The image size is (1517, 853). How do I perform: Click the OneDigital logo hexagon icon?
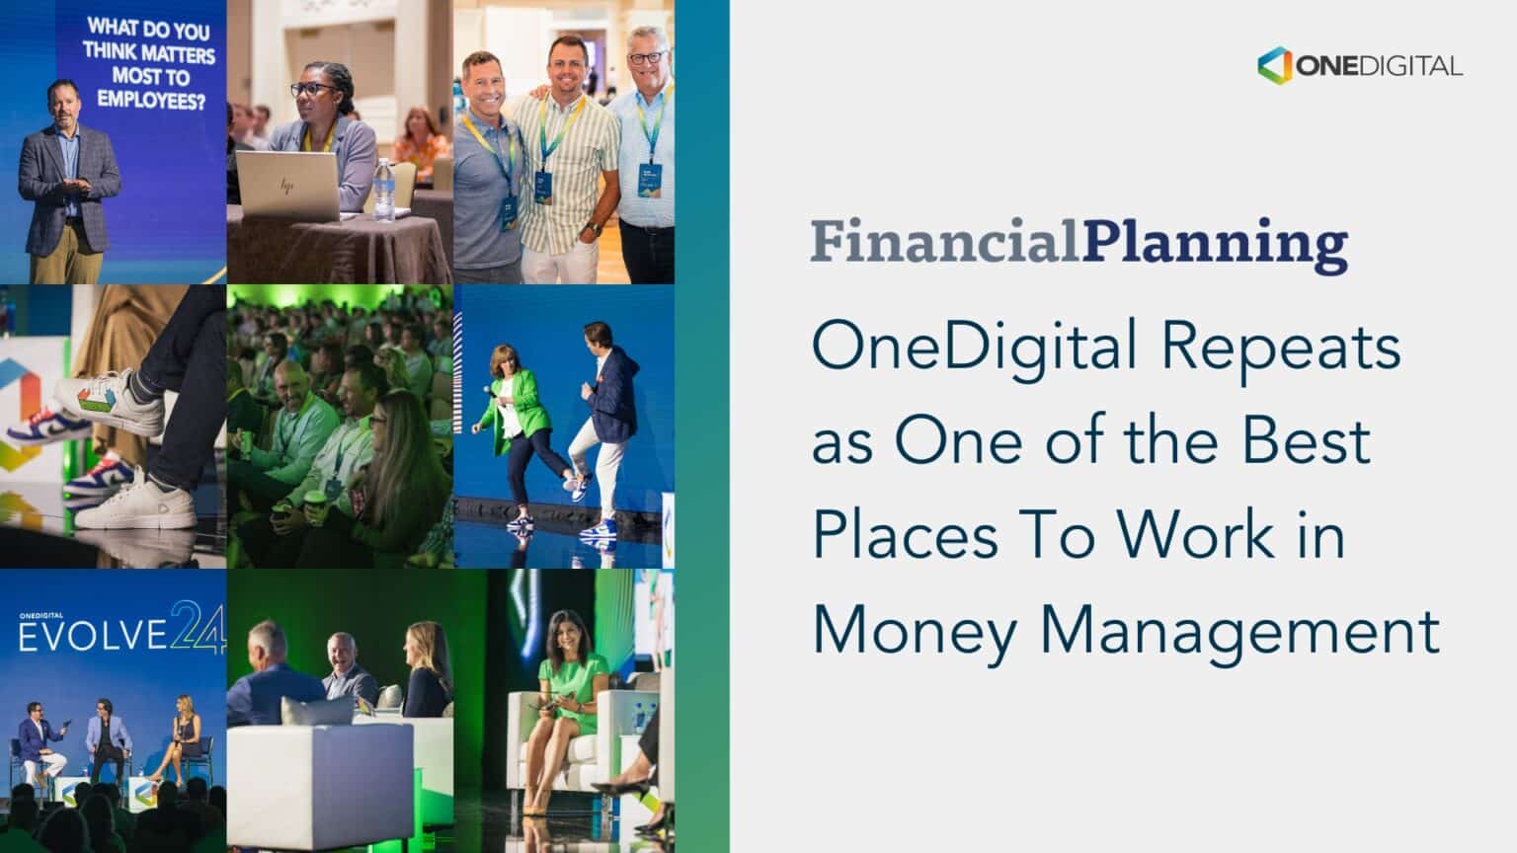pyautogui.click(x=1275, y=65)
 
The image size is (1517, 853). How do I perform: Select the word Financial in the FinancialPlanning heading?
pyautogui.click(x=945, y=242)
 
